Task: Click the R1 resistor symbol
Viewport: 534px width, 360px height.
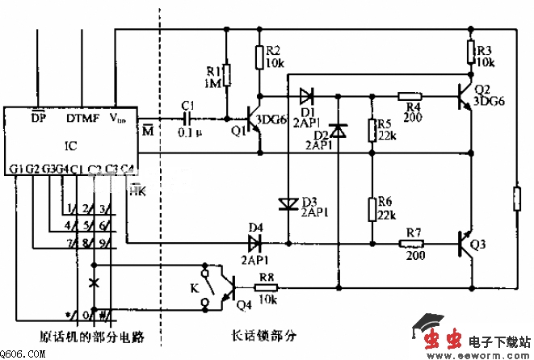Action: [227, 76]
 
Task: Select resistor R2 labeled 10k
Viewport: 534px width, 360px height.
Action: [259, 57]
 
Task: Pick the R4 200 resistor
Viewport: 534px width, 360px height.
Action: [412, 94]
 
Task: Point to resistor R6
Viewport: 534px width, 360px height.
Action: [372, 207]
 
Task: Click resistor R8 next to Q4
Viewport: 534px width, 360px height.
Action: [267, 287]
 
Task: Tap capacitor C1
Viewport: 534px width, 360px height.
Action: [188, 117]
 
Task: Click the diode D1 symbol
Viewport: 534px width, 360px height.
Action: [305, 94]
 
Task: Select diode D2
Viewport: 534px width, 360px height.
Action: [338, 129]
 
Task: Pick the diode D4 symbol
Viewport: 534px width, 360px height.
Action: [256, 242]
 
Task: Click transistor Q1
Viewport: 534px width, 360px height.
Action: [253, 121]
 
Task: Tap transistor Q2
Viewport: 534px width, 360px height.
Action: [464, 95]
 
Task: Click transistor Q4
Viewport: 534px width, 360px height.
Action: [229, 287]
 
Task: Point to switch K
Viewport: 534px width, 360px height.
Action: [211, 286]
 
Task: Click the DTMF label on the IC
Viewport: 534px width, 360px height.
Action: [82, 118]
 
